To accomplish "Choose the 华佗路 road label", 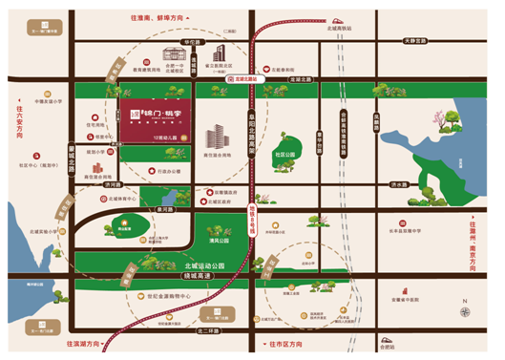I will click(x=194, y=42).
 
